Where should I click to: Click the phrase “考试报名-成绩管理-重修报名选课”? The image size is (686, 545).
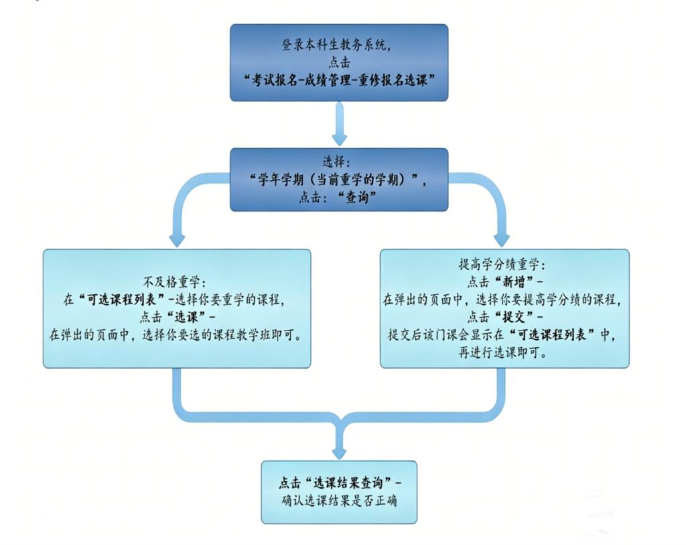pos(339,80)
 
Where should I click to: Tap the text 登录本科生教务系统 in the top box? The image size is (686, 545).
pos(334,45)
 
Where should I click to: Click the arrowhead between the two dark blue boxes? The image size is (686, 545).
pos(339,139)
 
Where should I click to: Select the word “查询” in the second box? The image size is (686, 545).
pos(357,198)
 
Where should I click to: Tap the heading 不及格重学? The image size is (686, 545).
pos(177,282)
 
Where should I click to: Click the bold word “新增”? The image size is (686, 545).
pos(514,282)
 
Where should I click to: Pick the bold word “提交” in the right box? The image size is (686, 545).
pos(514,317)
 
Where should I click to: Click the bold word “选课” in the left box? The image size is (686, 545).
pos(187,317)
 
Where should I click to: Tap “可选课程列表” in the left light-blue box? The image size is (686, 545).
pos(122,300)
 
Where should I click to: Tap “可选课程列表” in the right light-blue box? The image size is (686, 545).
pos(553,335)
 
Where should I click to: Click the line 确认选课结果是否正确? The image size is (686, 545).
pos(339,501)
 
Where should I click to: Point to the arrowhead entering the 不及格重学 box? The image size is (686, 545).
pos(177,240)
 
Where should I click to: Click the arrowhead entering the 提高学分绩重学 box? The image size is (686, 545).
pos(501,240)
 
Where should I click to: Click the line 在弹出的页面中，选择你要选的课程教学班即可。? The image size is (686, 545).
pos(176,335)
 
